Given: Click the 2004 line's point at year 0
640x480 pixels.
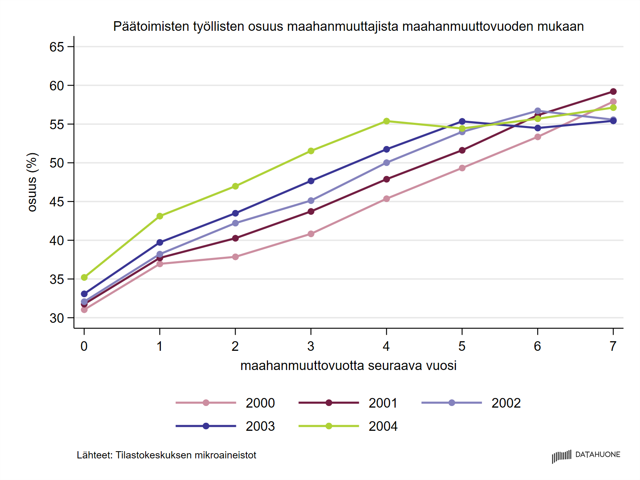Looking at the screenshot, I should click(84, 277).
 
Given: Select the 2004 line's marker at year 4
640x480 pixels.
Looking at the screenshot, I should click(386, 121).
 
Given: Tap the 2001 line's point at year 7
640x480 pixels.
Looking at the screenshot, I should click(613, 92).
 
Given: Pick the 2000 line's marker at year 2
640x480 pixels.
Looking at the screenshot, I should click(235, 257).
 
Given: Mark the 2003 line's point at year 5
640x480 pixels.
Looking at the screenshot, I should click(462, 121).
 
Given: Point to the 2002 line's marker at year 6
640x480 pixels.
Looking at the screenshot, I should click(538, 111).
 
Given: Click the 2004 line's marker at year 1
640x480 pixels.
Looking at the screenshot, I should click(160, 216).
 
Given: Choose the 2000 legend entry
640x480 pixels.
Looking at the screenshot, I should click(226, 403).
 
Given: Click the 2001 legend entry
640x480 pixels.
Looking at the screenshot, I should click(348, 403).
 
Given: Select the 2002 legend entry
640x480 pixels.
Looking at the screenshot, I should click(471, 403).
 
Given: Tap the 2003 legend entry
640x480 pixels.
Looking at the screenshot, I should click(226, 426).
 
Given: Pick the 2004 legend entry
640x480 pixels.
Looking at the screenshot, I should click(348, 426).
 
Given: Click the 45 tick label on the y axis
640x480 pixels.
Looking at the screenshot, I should click(57, 202).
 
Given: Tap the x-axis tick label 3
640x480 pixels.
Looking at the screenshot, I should click(311, 346).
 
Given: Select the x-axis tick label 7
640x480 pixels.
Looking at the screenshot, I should click(613, 346).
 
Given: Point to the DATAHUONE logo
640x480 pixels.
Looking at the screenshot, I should click(586, 456).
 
